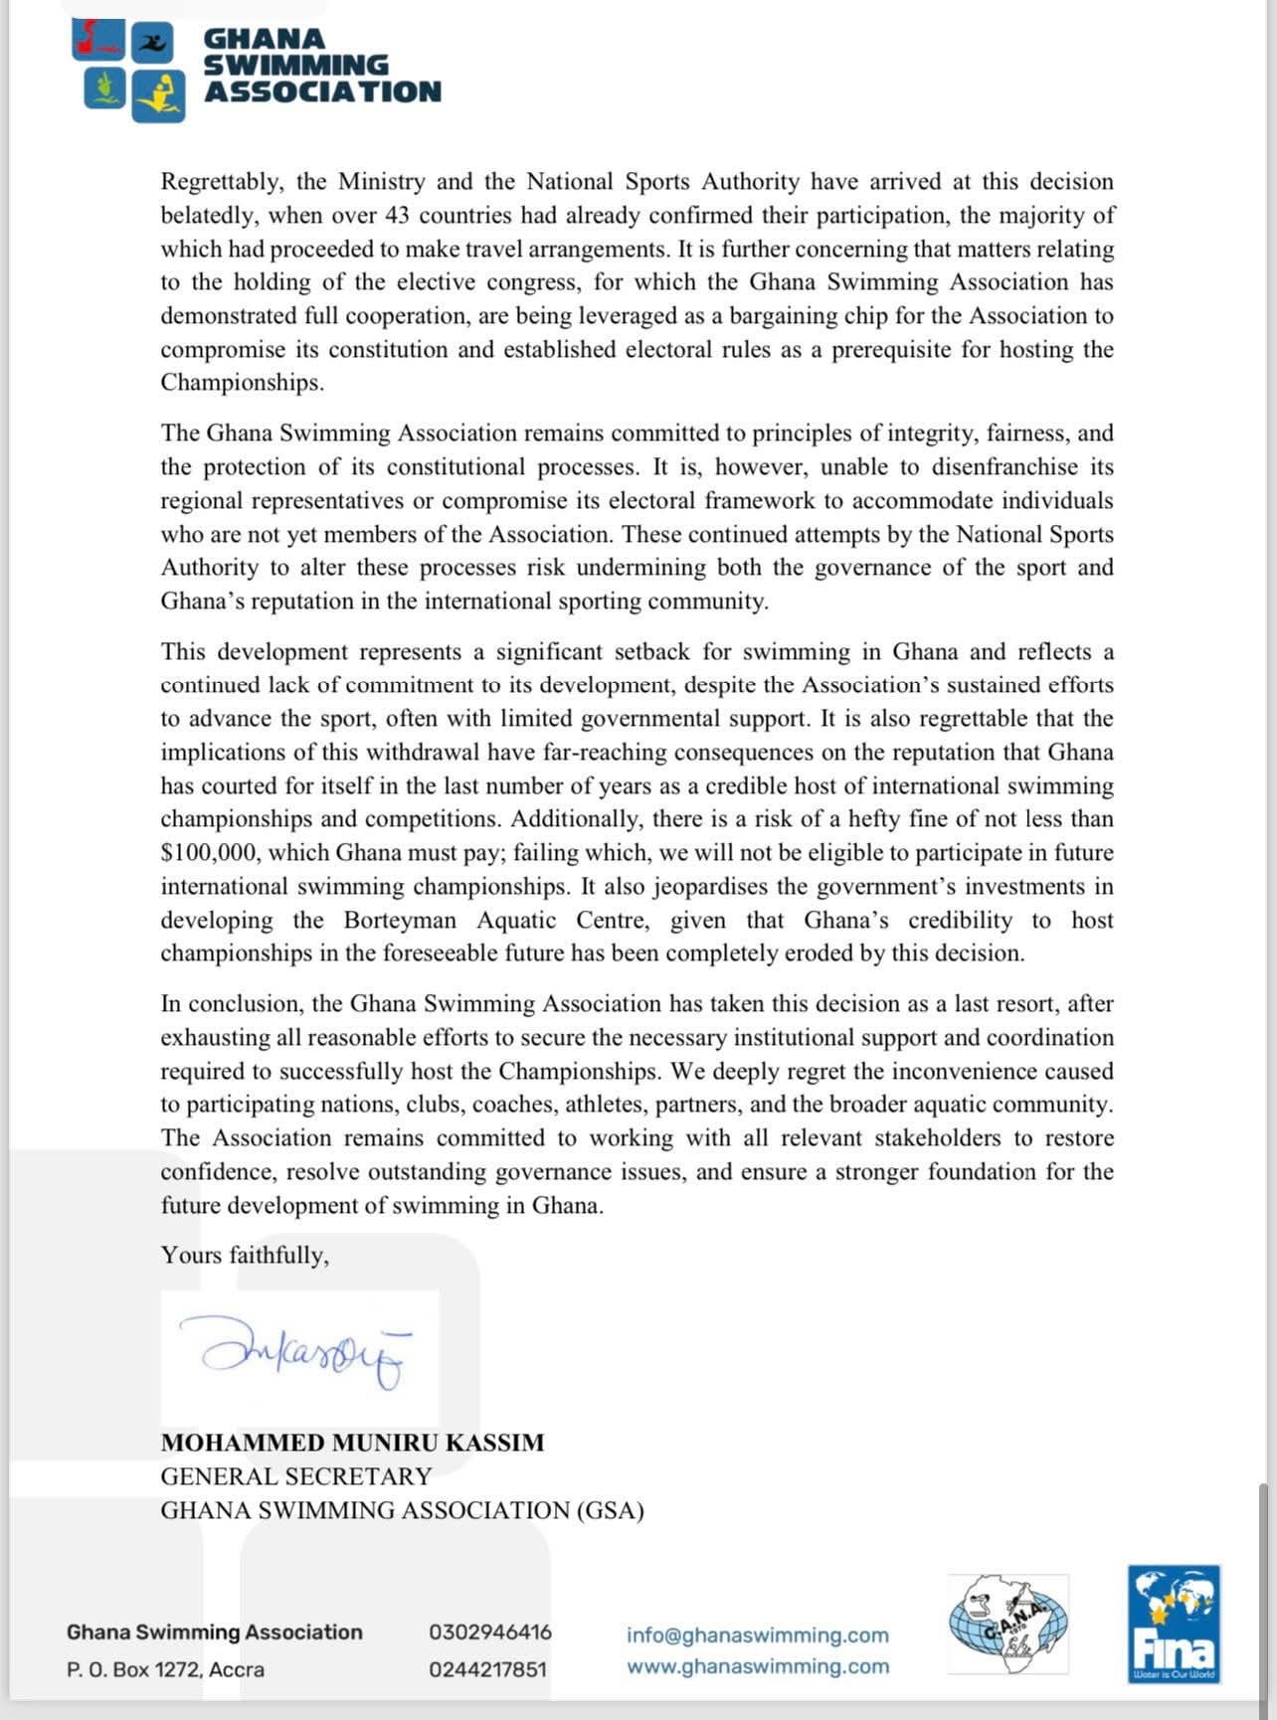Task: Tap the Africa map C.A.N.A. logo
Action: pos(1007,1624)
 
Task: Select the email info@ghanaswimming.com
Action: pos(757,1634)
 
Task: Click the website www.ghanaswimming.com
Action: pos(757,1666)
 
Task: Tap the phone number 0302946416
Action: pos(489,1632)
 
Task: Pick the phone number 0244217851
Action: pos(487,1669)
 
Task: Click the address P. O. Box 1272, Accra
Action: pos(165,1669)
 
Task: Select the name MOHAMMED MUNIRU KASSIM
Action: pos(352,1443)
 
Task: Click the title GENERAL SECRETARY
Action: pos(296,1476)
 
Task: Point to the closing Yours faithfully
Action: pos(245,1255)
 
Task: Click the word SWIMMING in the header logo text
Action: pos(295,66)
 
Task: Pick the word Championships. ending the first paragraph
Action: pos(242,383)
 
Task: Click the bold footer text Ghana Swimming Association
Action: pos(214,1632)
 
